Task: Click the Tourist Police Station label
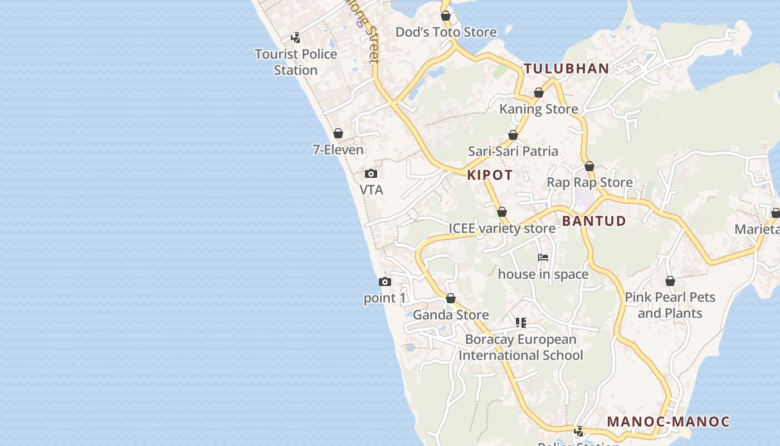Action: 296,62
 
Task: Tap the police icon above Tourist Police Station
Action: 296,38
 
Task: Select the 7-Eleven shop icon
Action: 338,133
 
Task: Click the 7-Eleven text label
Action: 338,149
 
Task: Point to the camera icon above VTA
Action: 371,174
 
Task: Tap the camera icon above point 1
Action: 384,282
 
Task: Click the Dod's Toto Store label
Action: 446,32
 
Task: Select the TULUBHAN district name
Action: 566,69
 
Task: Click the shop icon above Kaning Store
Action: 539,93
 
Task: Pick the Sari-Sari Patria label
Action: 513,151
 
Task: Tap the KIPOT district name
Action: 490,175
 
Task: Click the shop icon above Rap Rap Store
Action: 589,166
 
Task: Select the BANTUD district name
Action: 594,221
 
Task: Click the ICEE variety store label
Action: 501,229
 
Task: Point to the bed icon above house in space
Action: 543,258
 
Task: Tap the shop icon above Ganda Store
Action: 451,299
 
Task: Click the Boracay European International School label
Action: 520,347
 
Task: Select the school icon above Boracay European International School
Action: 521,322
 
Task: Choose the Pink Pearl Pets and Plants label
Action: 670,305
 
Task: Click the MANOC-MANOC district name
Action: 668,421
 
